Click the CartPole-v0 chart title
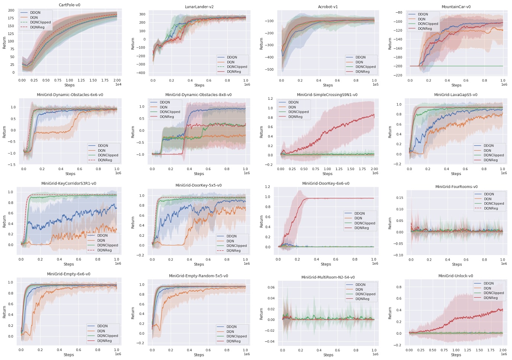click(70, 5)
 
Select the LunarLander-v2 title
click(199, 7)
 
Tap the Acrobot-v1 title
click(328, 7)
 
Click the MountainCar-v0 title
click(456, 7)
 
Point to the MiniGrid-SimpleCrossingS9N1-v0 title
click(327, 95)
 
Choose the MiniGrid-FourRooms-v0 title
click(456, 187)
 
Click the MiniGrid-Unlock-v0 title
click(455, 276)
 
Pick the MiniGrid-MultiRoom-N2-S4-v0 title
click(328, 277)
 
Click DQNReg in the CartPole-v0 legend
click(37, 27)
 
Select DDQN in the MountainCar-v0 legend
click(423, 14)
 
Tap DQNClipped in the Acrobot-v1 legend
click(365, 67)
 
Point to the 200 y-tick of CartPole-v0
click(11, 10)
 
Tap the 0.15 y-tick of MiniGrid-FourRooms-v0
click(400, 198)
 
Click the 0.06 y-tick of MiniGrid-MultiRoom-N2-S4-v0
click(271, 287)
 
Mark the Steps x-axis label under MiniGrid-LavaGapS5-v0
click(456, 174)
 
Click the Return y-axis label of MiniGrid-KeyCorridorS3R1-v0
click(4, 221)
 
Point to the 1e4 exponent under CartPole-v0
click(118, 85)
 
